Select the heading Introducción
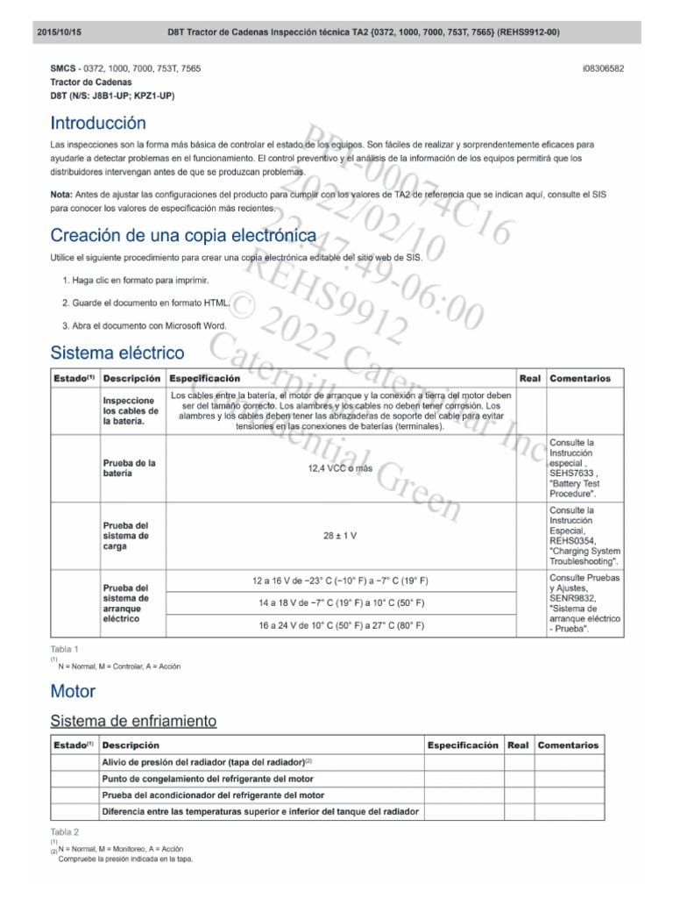click(x=98, y=123)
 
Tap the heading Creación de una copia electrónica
click(x=183, y=235)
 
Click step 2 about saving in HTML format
click(x=146, y=303)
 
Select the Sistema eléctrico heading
click(x=117, y=353)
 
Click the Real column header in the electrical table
click(x=530, y=379)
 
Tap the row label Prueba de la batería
click(x=129, y=468)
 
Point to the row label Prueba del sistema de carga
click(x=127, y=535)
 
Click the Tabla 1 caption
click(x=65, y=649)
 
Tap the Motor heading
click(x=73, y=692)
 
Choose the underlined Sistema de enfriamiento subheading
click(x=133, y=721)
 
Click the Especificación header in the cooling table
click(x=462, y=745)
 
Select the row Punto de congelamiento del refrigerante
click(x=208, y=779)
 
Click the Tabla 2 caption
click(x=65, y=830)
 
